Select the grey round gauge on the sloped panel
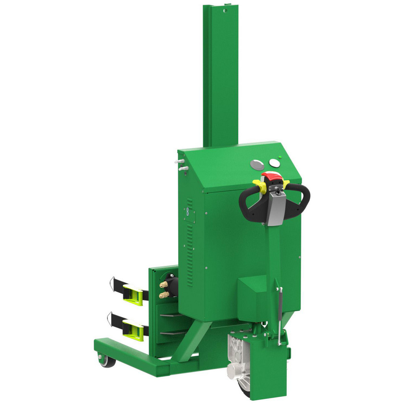(257, 164)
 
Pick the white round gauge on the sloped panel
(274, 163)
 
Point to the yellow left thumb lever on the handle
(259, 184)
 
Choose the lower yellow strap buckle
(134, 328)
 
